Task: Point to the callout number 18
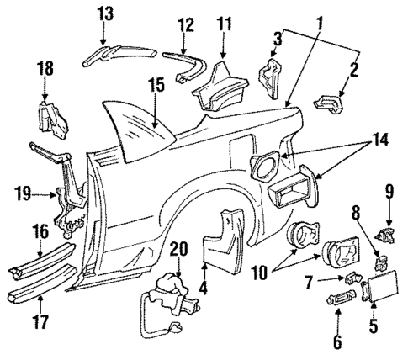[x=46, y=68]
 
